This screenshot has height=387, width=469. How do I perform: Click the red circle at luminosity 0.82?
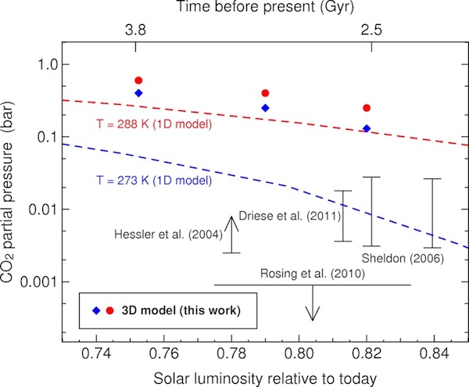click(x=367, y=108)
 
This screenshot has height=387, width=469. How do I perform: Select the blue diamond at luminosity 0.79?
click(x=265, y=108)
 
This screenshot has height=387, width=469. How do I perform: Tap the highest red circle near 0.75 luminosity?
click(x=138, y=81)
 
